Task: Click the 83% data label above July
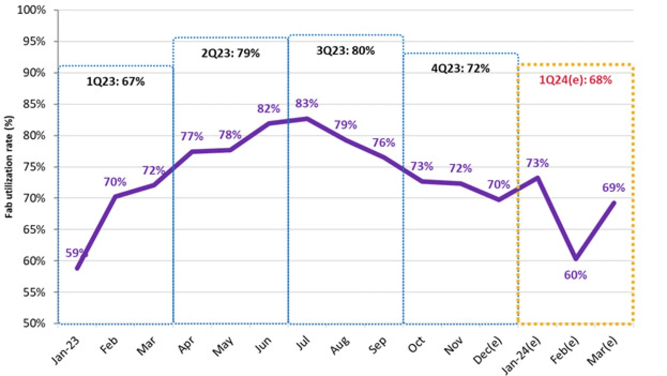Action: tap(306, 103)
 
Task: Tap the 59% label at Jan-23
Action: tap(77, 253)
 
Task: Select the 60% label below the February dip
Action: tap(575, 275)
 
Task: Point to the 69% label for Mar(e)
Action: tap(613, 188)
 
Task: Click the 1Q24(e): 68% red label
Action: tap(576, 81)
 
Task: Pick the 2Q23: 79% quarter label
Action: tap(230, 53)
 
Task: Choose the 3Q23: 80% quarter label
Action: tap(345, 51)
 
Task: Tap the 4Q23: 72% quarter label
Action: tap(461, 68)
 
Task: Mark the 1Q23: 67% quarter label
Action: tap(115, 81)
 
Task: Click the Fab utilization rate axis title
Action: tap(9, 169)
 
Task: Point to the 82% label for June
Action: tap(268, 109)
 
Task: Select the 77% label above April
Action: tap(192, 137)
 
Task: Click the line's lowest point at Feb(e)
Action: tap(575, 259)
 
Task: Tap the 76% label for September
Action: tap(384, 143)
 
